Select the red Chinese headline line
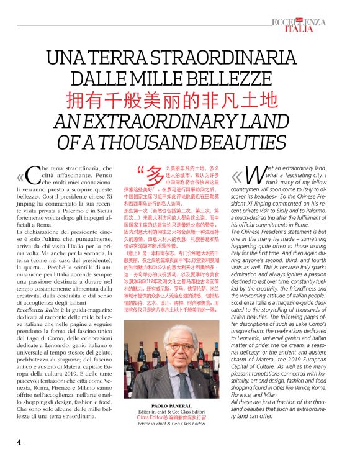tap(179, 100)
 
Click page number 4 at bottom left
tap(19, 442)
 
